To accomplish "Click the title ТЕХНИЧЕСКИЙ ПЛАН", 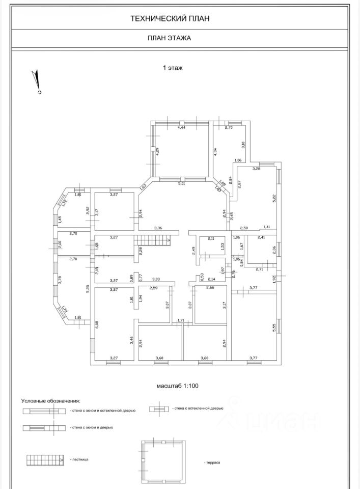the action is coord(170,18).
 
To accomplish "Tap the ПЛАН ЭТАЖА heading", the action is coord(170,38).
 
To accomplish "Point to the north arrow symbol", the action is coord(37,82).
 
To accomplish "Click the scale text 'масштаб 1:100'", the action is coord(178,386).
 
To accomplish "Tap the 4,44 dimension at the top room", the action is coord(181,128).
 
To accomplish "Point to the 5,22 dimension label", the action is coord(274,197).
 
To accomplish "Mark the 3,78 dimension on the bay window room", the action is coord(60,280).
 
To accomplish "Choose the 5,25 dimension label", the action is coord(88,288).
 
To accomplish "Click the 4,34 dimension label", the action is coord(215,151).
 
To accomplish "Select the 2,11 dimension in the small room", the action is coord(212,238).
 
